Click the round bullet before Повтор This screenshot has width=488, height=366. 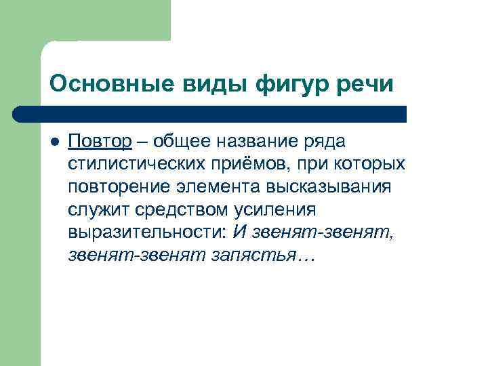55,142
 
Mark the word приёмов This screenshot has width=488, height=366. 249,164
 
